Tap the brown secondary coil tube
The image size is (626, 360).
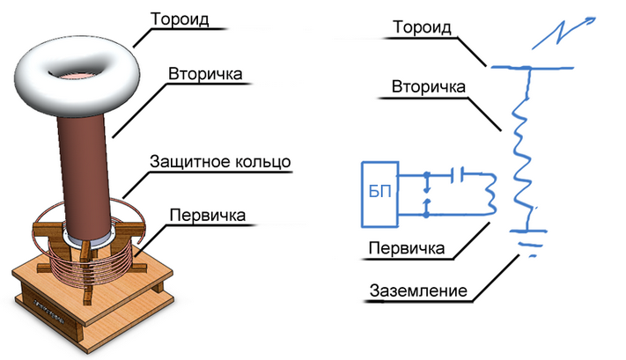(x=86, y=167)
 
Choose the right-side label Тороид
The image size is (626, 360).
(x=421, y=27)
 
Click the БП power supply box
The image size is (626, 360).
(x=379, y=191)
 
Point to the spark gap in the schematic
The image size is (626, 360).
(x=428, y=195)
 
